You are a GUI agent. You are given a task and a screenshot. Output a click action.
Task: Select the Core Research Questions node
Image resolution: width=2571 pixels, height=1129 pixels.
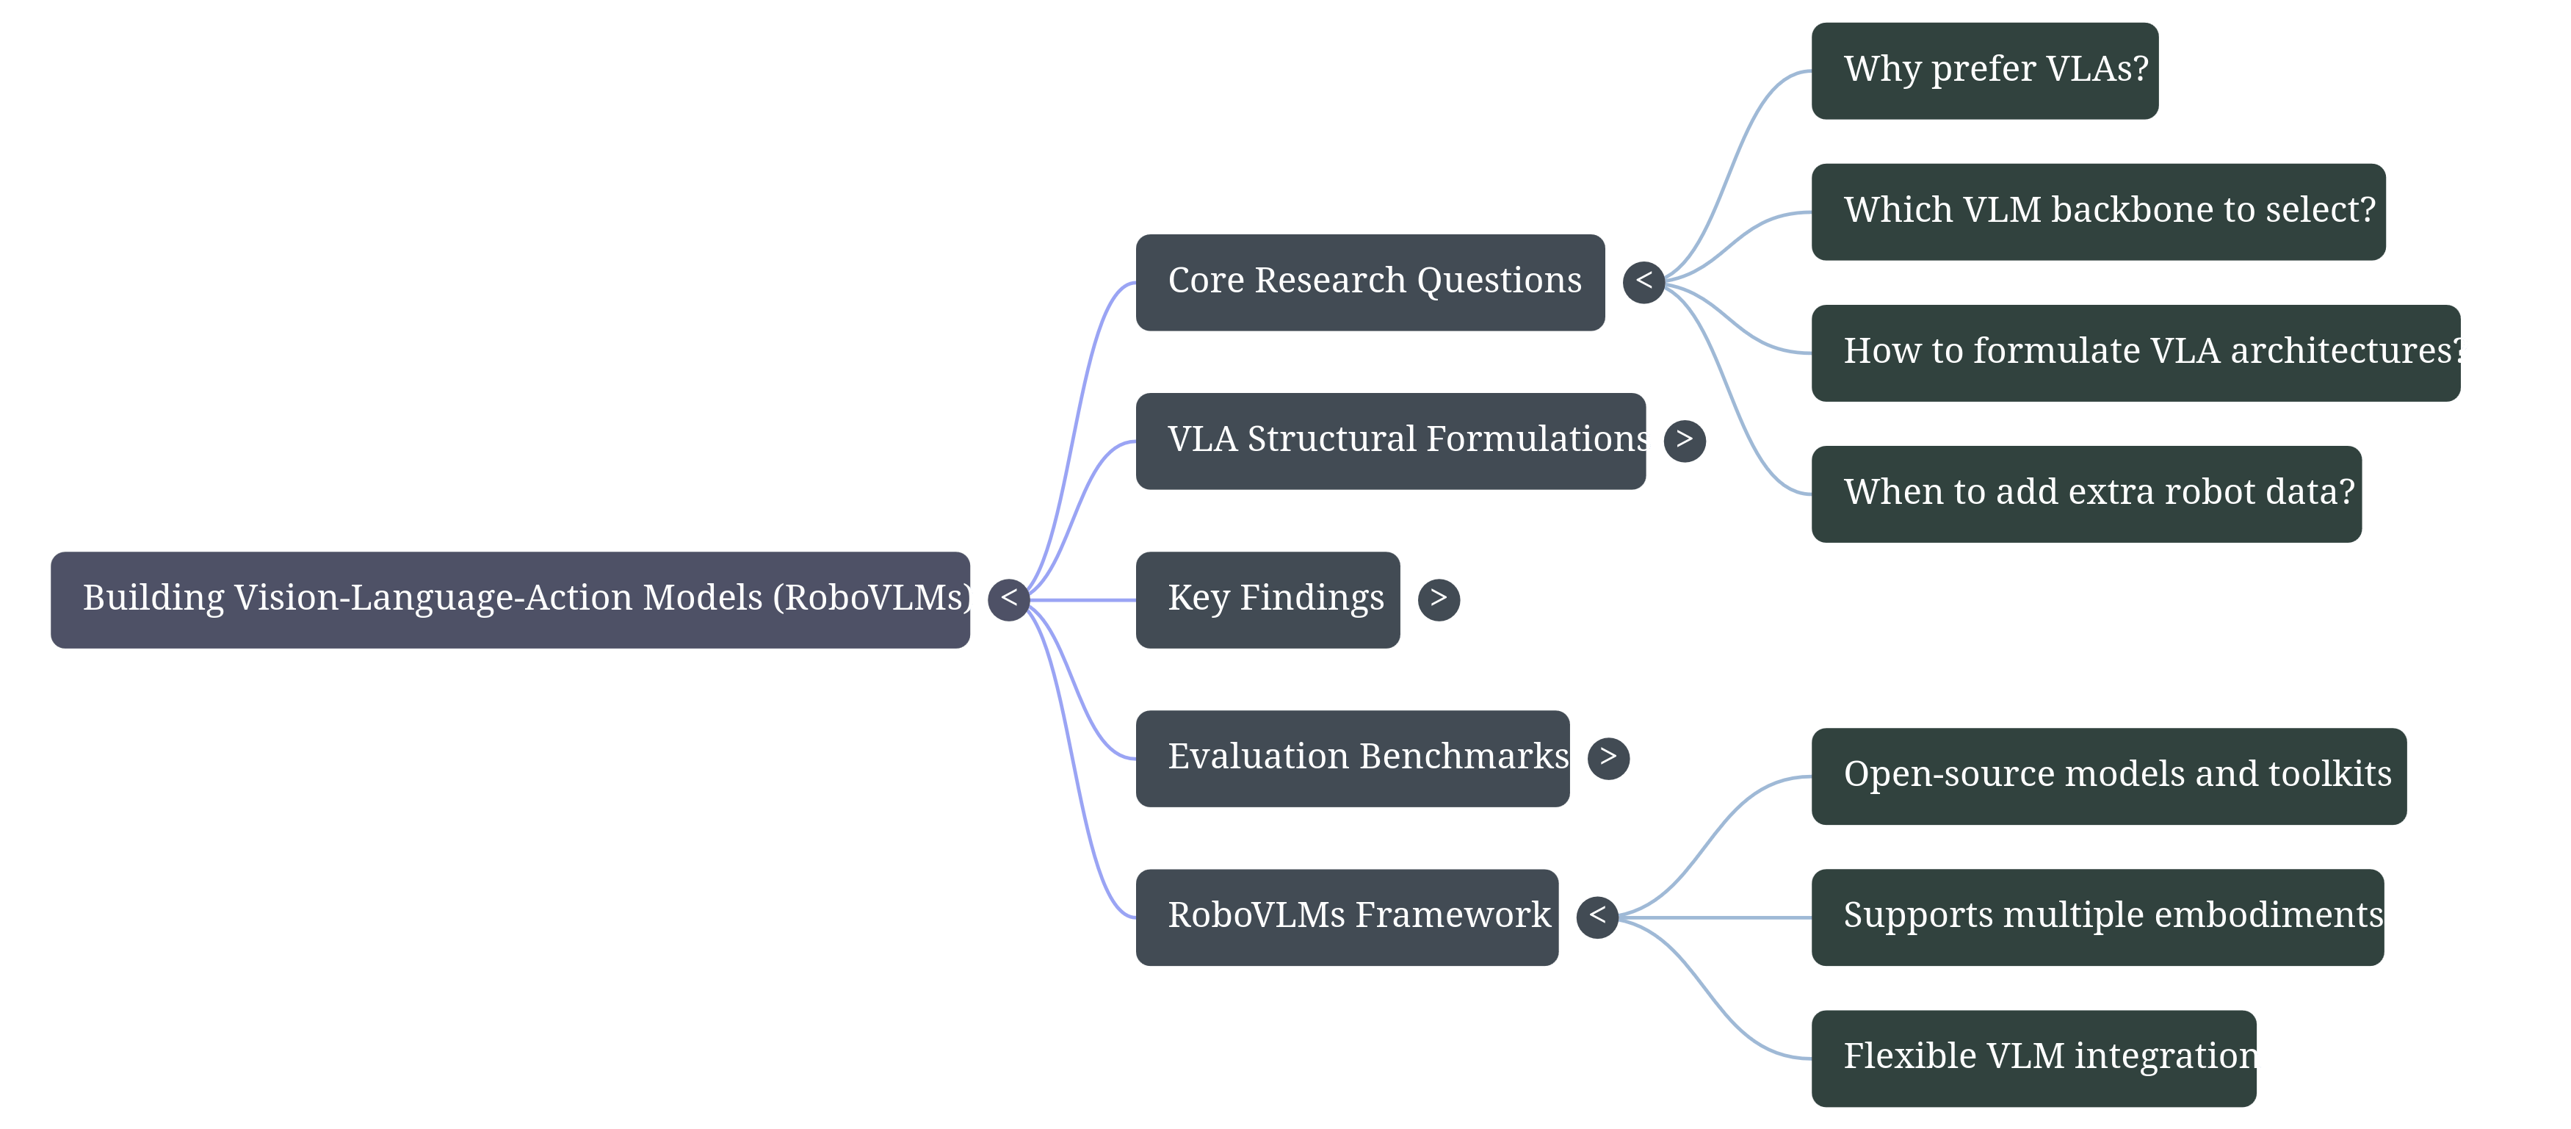tap(1370, 283)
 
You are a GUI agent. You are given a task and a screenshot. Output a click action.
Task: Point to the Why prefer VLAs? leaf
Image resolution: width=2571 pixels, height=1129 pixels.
tap(1984, 71)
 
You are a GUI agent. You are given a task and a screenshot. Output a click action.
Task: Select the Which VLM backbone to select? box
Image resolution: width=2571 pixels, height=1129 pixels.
tap(2098, 212)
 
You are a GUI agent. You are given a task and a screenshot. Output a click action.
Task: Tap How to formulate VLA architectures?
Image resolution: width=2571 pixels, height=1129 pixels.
tap(2135, 353)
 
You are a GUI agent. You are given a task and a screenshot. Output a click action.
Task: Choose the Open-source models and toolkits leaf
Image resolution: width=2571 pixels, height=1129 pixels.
tap(2108, 776)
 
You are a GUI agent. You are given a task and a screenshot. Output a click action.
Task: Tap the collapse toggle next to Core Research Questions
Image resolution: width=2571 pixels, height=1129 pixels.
tap(1644, 283)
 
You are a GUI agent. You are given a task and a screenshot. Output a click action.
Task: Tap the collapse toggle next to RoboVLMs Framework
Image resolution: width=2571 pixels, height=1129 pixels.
tap(1597, 917)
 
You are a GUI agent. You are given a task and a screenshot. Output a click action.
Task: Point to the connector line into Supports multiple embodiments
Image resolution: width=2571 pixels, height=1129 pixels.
tap(1717, 917)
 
